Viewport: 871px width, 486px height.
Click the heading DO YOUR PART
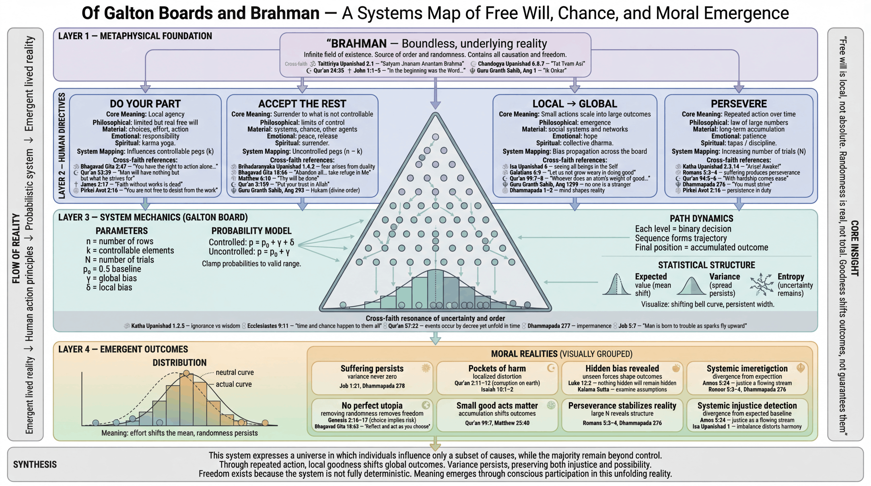point(145,103)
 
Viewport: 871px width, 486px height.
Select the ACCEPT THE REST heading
point(302,103)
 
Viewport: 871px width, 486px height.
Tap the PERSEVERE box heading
point(738,103)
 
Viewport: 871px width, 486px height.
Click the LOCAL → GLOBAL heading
point(574,103)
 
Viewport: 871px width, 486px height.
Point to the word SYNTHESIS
point(35,464)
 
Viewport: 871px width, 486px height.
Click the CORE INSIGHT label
point(854,248)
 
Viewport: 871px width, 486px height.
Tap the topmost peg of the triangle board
point(435,137)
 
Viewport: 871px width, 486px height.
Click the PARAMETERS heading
point(121,231)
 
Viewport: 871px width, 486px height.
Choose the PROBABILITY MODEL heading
point(251,231)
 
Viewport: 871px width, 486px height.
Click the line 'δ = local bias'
point(109,287)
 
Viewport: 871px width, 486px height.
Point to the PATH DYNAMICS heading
point(701,218)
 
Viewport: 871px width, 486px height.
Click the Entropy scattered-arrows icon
point(761,284)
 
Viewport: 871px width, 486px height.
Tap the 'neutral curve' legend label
point(235,372)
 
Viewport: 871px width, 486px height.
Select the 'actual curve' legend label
point(234,384)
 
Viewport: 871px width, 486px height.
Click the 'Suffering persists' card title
point(372,368)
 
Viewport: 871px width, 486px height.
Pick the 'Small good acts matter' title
point(497,406)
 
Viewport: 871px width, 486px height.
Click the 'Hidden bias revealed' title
point(622,368)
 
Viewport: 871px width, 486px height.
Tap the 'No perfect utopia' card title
point(372,406)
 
